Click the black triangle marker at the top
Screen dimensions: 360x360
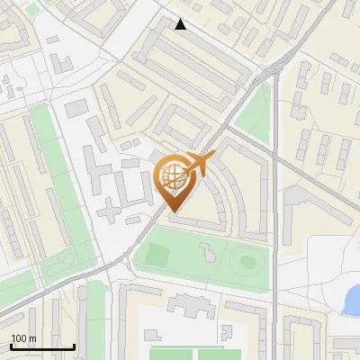click(181, 24)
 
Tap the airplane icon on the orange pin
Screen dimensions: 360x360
click(198, 165)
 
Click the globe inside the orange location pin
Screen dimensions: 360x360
click(172, 175)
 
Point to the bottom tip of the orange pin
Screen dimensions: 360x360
click(173, 212)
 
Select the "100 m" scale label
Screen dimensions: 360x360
click(23, 338)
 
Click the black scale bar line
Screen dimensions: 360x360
click(42, 346)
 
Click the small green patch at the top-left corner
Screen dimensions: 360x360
click(33, 8)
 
